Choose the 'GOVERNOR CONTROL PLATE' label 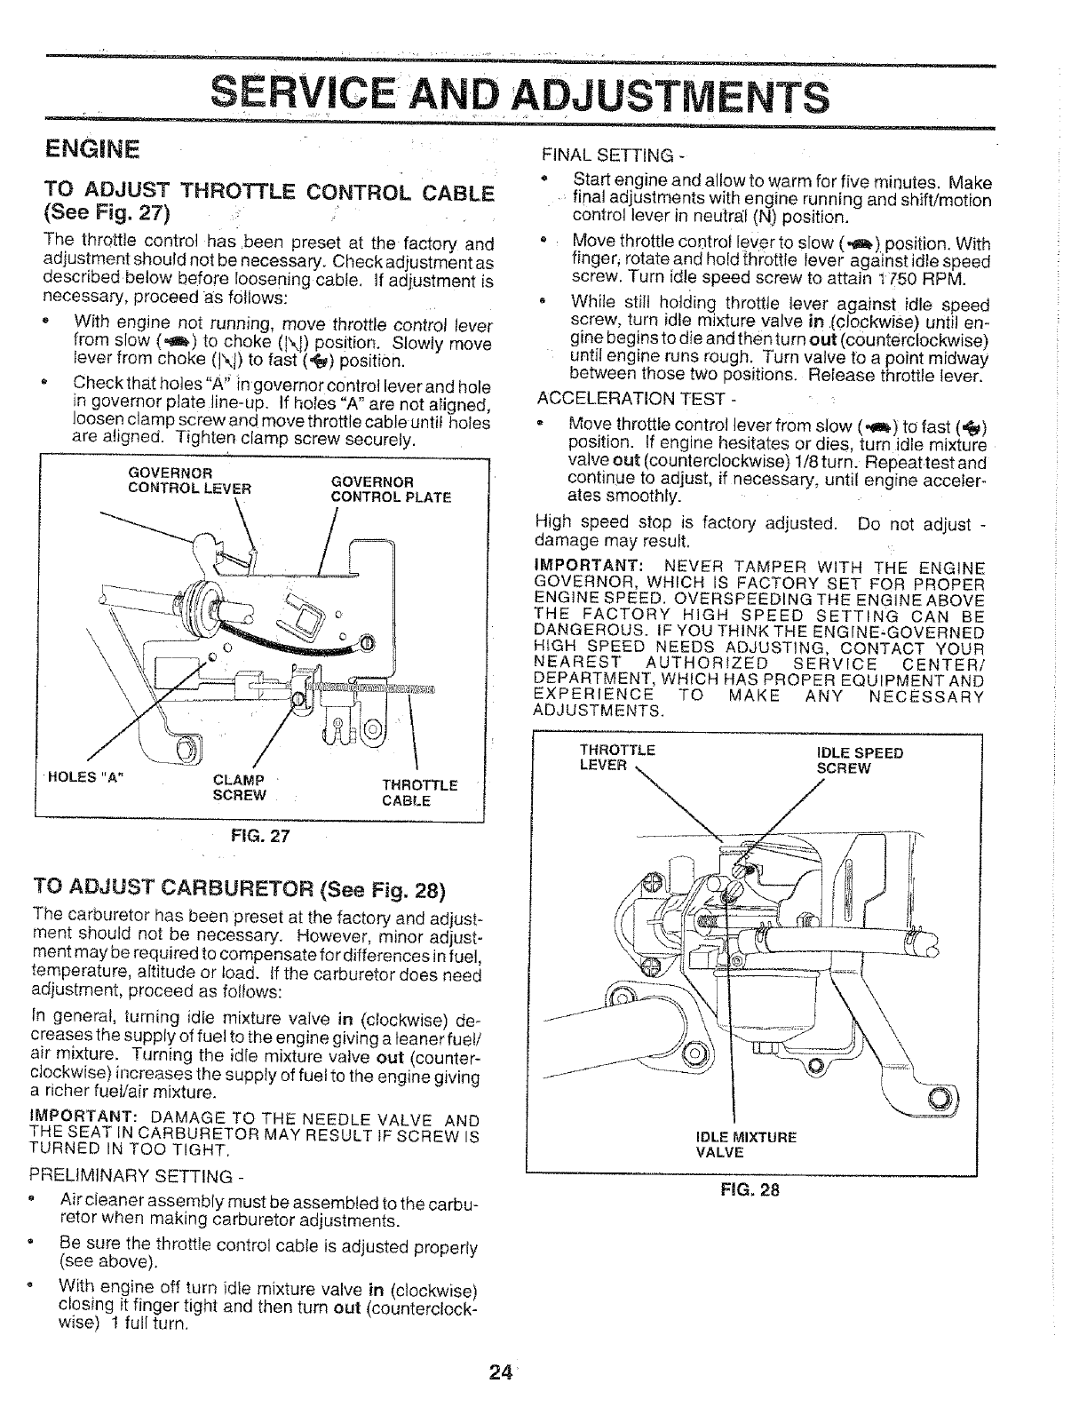(391, 489)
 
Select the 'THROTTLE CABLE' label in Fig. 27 (420, 792)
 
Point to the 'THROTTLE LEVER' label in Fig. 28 (616, 757)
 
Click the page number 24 (500, 1374)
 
